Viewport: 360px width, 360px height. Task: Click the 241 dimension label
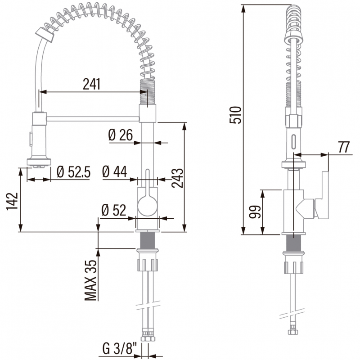click(x=92, y=84)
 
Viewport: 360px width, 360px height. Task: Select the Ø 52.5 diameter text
click(x=74, y=172)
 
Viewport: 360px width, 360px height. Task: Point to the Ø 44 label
click(x=115, y=171)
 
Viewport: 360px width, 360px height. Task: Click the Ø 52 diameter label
click(x=114, y=210)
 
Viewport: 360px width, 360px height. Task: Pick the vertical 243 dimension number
click(x=177, y=178)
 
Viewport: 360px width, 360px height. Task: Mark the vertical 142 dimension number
click(x=12, y=201)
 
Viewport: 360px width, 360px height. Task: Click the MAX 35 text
click(x=90, y=280)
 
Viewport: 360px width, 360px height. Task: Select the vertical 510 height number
click(x=235, y=115)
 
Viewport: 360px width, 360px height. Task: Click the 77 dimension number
click(x=344, y=147)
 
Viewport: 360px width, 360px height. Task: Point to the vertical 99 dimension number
click(x=255, y=211)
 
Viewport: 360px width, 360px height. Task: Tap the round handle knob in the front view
click(x=147, y=205)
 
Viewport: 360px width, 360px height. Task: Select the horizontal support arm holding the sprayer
click(x=93, y=119)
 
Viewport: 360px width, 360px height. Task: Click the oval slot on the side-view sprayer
click(x=294, y=142)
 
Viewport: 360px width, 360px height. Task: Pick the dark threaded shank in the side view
click(x=294, y=243)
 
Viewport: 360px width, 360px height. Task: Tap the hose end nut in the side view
click(x=293, y=331)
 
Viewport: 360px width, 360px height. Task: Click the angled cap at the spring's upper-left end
click(x=45, y=35)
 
